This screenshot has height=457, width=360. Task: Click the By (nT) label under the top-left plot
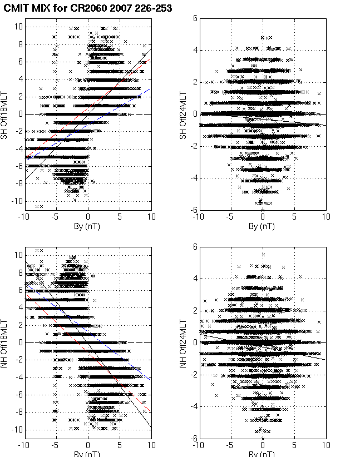tap(88, 227)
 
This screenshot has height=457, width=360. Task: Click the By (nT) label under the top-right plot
tap(263, 227)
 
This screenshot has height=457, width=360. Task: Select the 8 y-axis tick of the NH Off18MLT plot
tap(19, 272)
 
